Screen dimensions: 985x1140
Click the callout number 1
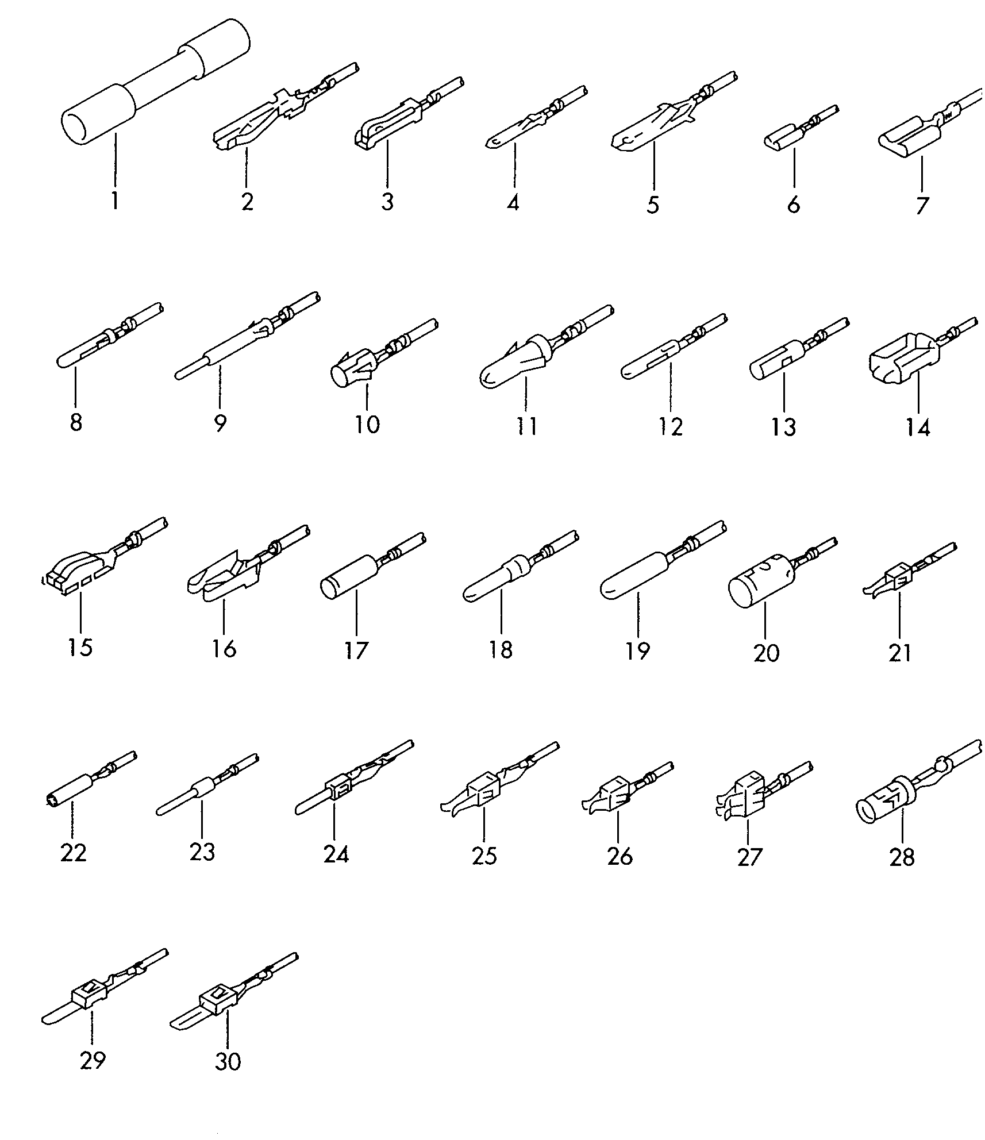pyautogui.click(x=114, y=202)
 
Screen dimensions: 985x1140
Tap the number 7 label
pyautogui.click(x=922, y=205)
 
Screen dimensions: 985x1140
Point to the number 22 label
pyautogui.click(x=74, y=852)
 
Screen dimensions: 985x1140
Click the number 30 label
pyautogui.click(x=228, y=1061)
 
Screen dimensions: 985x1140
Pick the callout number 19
pyautogui.click(x=638, y=651)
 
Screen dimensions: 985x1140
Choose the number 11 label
pyautogui.click(x=526, y=426)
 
